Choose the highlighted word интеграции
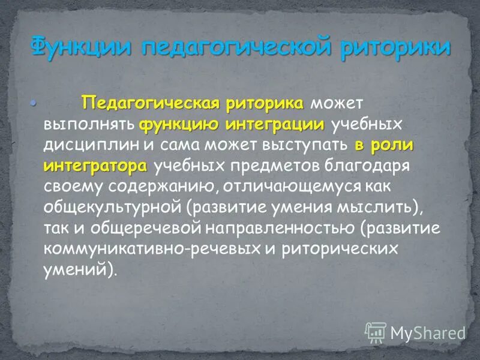tap(275, 125)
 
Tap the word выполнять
tap(89, 125)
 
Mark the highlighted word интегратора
tap(95, 166)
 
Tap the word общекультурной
tap(112, 208)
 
